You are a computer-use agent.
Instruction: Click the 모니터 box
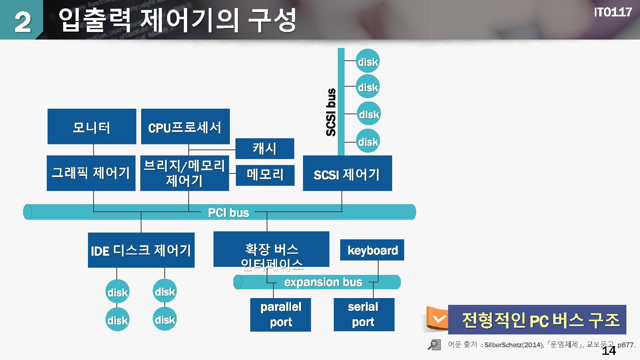tap(92, 127)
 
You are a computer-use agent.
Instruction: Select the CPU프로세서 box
tap(185, 127)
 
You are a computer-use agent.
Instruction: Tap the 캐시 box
tap(265, 149)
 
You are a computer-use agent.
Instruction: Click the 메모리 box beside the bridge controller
tap(265, 175)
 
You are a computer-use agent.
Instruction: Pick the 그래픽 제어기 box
tap(91, 173)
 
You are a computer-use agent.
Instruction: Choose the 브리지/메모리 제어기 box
tap(185, 173)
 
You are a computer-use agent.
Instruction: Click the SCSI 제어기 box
tap(347, 173)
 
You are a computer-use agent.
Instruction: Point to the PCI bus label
tap(228, 213)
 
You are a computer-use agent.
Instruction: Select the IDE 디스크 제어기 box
tap(141, 250)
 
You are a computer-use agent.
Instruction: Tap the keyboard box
tap(372, 250)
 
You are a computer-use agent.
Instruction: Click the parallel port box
tap(281, 314)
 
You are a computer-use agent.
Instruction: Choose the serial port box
tap(364, 314)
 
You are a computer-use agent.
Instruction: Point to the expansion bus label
tap(323, 282)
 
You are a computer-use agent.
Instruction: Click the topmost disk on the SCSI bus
tap(367, 62)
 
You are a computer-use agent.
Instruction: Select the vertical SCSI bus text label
tap(331, 112)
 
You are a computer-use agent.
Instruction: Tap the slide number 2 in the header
tap(22, 22)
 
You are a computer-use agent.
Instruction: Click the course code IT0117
tap(612, 12)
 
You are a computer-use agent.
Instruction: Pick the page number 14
tap(608, 350)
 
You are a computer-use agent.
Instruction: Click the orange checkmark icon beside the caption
tap(439, 319)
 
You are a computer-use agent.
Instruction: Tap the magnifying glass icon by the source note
tap(434, 344)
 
